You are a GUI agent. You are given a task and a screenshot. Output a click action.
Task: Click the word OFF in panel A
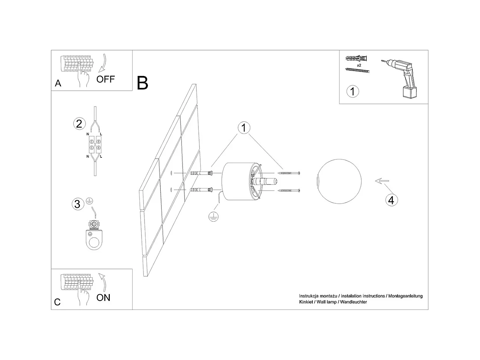(106, 79)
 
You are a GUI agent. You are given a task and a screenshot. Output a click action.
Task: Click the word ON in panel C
(103, 298)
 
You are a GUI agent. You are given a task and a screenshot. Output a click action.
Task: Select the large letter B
(142, 83)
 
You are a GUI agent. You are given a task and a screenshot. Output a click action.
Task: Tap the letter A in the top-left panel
(58, 83)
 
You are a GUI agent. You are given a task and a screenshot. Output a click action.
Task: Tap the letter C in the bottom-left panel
(57, 302)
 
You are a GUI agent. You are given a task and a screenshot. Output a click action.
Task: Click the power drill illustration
(401, 78)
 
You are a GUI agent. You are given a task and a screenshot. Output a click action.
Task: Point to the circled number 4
(391, 200)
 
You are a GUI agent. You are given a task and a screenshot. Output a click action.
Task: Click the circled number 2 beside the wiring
(79, 124)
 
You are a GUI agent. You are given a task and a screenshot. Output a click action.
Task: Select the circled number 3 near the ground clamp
(77, 204)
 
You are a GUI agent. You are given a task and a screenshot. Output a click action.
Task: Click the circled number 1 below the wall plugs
(353, 91)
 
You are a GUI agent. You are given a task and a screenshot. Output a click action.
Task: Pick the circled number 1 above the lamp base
(244, 128)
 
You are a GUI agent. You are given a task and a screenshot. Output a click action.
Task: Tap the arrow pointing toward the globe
(381, 181)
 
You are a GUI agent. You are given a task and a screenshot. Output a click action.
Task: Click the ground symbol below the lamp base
(213, 217)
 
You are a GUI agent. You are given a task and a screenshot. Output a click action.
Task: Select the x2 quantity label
(359, 65)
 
